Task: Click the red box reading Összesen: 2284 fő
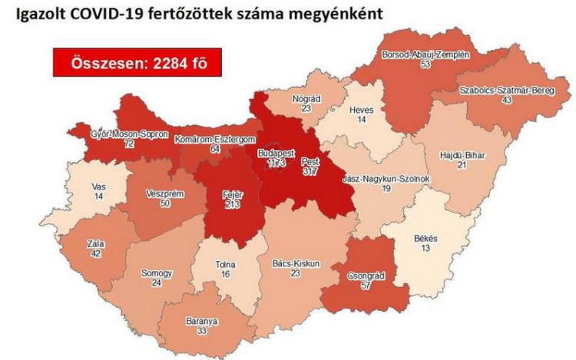pos(137,62)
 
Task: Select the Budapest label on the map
pos(273,154)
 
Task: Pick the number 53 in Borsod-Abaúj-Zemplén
pos(425,66)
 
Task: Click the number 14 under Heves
pos(360,121)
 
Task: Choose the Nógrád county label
pos(306,98)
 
